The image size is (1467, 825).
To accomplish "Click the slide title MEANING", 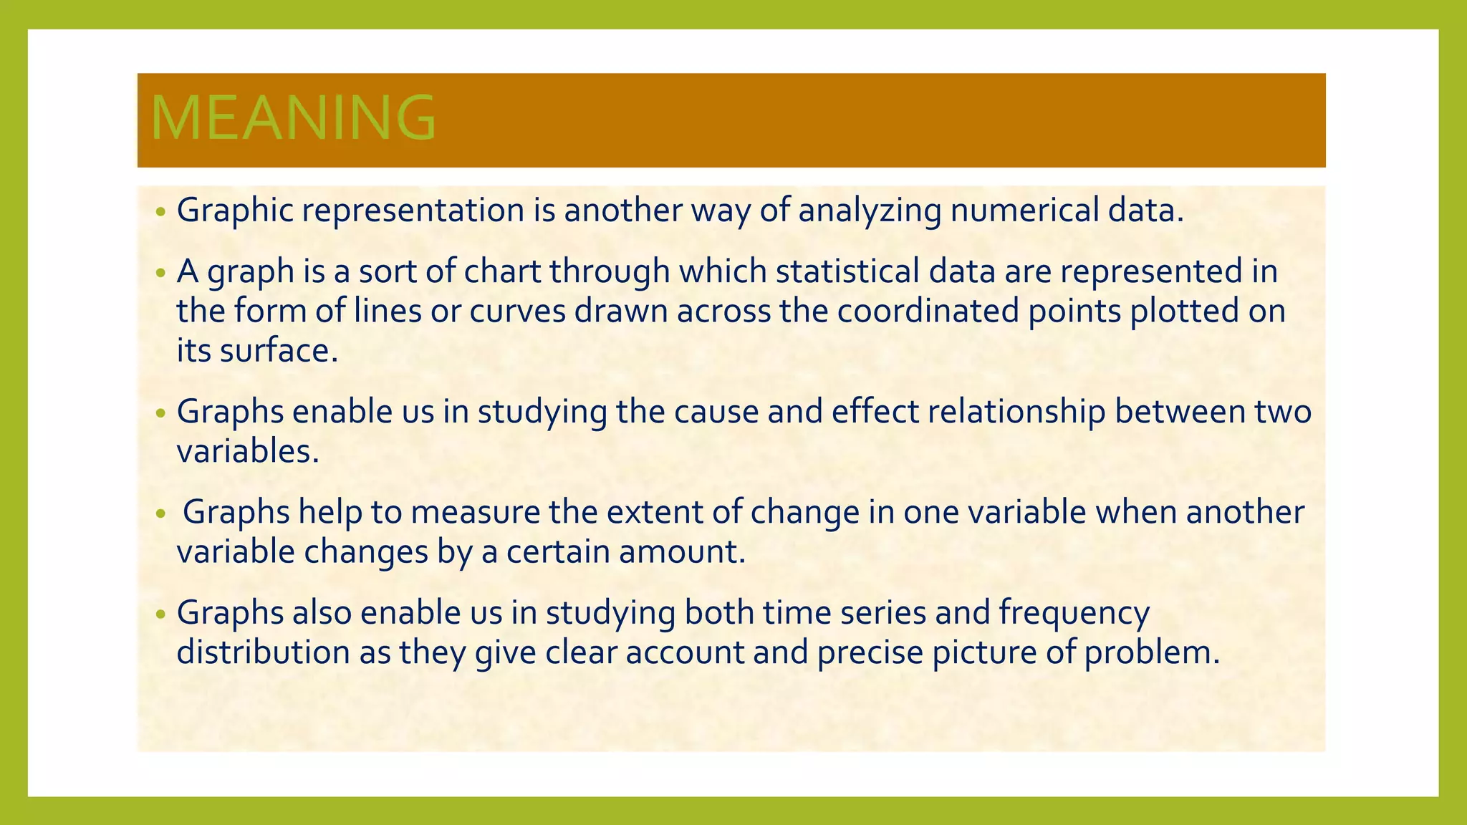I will pos(293,118).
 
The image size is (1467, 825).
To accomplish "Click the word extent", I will pos(658,512).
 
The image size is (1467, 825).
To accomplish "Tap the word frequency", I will pos(1074,613).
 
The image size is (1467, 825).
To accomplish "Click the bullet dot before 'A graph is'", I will pos(160,273).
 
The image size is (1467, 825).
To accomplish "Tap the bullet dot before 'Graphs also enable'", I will pos(160,614).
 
